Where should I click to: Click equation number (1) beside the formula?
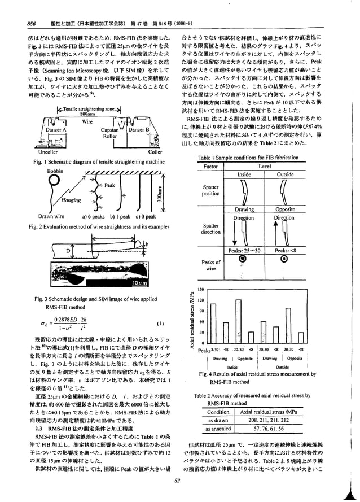pyautogui.click(x=160, y=324)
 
